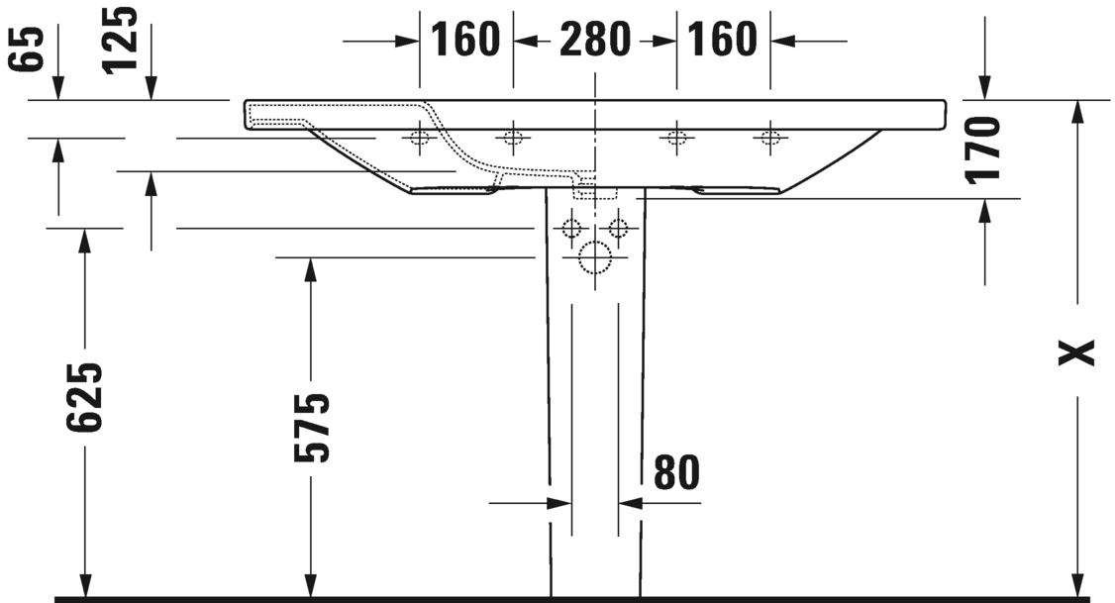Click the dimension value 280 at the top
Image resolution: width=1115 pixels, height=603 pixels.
pyautogui.click(x=594, y=39)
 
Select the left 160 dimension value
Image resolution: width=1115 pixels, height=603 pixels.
pyautogui.click(x=465, y=39)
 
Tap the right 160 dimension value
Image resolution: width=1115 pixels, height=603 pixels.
pyautogui.click(x=722, y=39)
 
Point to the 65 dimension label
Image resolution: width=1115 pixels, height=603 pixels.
pyautogui.click(x=27, y=50)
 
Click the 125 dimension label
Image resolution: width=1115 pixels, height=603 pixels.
pyautogui.click(x=120, y=40)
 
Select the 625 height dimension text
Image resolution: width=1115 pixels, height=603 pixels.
pyautogui.click(x=84, y=397)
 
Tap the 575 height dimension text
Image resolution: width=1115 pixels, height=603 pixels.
pyautogui.click(x=312, y=427)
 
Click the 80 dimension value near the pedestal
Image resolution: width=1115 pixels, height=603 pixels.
pyautogui.click(x=676, y=472)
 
